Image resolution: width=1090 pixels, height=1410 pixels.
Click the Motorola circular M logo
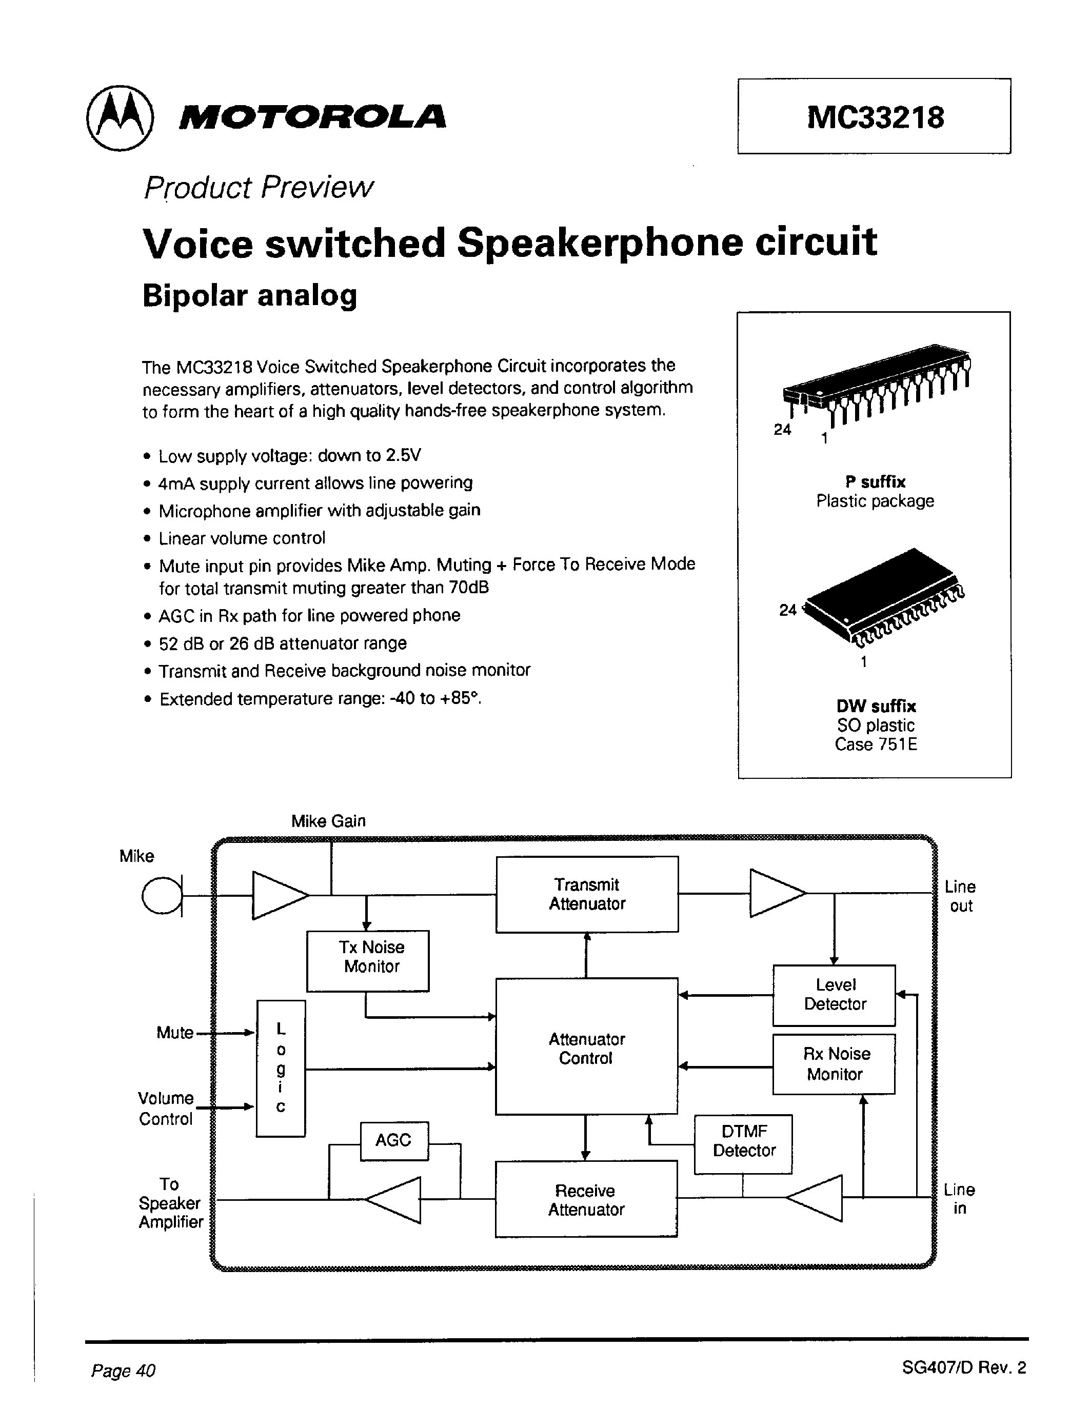(120, 118)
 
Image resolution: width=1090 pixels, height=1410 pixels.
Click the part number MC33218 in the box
(875, 117)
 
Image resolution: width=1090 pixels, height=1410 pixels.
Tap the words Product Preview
(259, 188)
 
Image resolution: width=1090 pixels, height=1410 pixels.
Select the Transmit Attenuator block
(586, 894)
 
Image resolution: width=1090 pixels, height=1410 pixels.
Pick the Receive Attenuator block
(586, 1200)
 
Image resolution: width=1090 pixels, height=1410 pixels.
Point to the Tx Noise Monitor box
(367, 961)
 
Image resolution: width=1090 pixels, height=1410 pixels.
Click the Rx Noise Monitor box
(834, 1064)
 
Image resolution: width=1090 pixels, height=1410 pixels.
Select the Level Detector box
(834, 995)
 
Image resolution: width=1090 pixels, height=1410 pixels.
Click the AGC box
(394, 1140)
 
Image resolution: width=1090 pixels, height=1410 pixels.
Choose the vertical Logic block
(281, 1069)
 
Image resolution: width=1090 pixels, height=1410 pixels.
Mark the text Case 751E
(875, 744)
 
